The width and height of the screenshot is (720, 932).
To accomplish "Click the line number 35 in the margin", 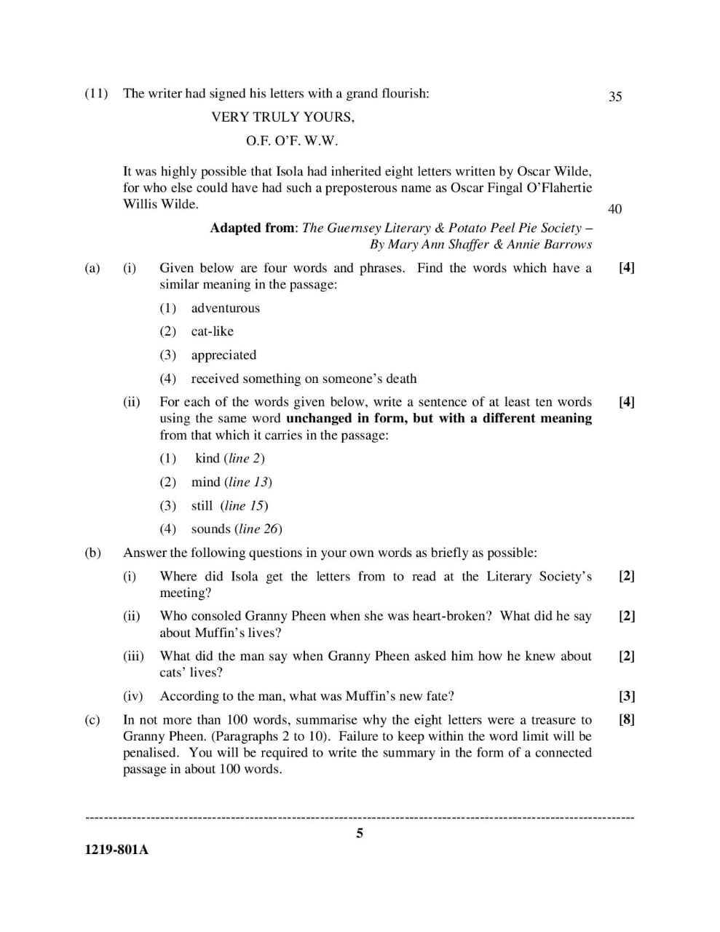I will [615, 97].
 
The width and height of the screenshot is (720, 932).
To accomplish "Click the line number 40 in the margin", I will [614, 210].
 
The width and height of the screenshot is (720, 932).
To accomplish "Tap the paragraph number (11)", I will [96, 93].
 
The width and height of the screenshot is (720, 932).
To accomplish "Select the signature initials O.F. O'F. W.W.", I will [291, 141].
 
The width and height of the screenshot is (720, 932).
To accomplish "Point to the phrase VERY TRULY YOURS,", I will [282, 117].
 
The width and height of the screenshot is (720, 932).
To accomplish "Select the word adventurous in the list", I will [225, 308].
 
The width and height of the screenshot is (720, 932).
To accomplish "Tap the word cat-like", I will [212, 331].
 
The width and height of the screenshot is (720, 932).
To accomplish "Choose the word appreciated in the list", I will [223, 355].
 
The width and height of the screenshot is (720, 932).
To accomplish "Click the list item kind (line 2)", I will [229, 459].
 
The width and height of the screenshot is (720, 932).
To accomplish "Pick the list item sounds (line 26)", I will [236, 529].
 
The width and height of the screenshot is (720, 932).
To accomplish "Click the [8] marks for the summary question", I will [626, 720].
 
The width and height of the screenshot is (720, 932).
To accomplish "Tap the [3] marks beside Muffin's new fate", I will [626, 696].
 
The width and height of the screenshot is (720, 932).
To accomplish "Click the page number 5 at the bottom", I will [360, 834].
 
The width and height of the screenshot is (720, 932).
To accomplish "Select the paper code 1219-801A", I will [116, 850].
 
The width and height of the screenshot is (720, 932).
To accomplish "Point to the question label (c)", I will [92, 720].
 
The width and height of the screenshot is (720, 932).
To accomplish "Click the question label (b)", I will [92, 553].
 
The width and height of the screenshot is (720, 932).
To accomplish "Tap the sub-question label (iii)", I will [133, 656].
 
